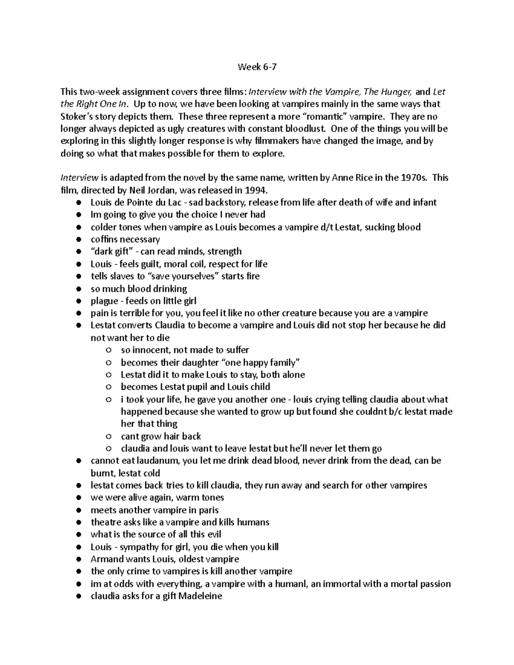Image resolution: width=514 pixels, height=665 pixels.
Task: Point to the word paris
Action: tap(208, 510)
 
